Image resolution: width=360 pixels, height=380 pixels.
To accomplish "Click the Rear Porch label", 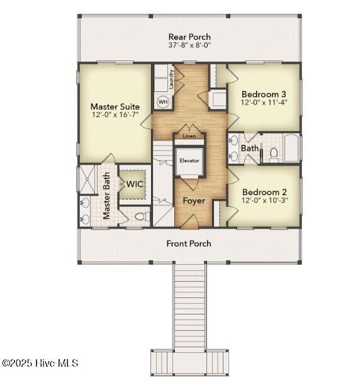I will point(189,37).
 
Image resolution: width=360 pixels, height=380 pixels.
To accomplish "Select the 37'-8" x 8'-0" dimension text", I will point(189,46).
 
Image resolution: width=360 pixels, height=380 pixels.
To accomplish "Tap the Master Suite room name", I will point(115,107).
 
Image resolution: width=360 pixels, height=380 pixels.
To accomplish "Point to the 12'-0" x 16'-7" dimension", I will point(115,115).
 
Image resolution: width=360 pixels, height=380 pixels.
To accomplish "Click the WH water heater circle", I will point(162,101).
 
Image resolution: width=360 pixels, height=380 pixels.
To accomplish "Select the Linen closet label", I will point(189,135).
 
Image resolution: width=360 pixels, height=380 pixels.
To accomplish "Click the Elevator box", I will point(189,161).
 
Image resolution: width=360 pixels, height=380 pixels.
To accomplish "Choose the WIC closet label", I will point(135,184).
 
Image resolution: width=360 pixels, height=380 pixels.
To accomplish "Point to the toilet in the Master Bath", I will point(142,217).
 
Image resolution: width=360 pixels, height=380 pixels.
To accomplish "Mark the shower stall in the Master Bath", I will point(86,178).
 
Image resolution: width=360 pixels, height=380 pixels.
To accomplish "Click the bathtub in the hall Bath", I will point(291,149).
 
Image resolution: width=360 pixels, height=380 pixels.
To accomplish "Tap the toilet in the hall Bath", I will point(273,153).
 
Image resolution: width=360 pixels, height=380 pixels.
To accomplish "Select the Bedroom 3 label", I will point(264,94).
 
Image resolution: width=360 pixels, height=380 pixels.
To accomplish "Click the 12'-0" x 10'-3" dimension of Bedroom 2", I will point(264,200).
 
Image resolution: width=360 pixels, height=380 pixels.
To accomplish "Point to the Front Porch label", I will point(189,243).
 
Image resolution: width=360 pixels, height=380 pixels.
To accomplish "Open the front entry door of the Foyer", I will point(193,222).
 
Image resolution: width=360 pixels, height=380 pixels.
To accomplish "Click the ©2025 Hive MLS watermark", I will point(40,364).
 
